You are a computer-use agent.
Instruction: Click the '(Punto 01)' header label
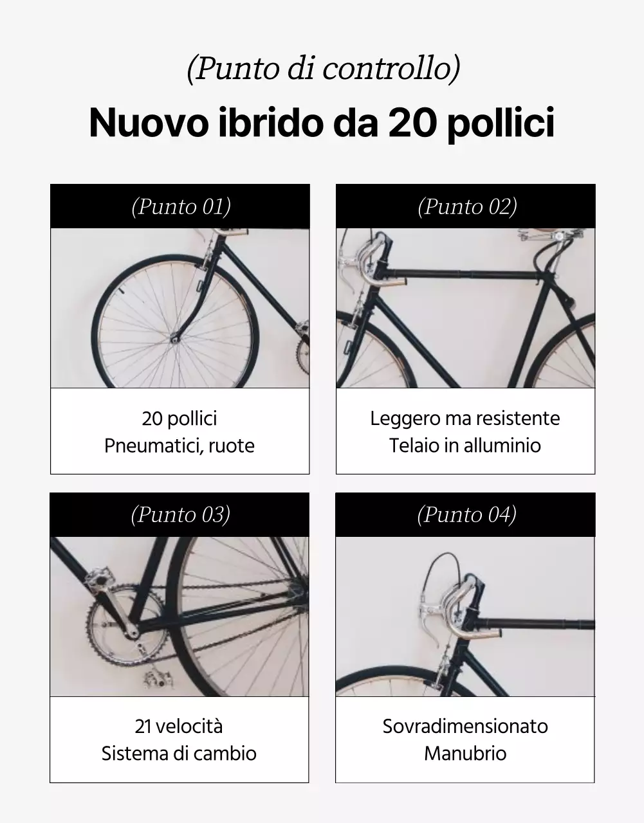click(181, 206)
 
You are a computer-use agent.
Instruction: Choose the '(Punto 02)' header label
click(467, 206)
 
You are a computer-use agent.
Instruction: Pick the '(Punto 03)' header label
click(180, 514)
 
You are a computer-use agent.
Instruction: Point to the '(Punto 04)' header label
click(466, 514)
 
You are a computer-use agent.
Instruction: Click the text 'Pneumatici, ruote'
click(179, 446)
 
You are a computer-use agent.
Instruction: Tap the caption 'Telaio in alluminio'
click(465, 446)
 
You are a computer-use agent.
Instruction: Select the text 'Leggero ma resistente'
click(465, 419)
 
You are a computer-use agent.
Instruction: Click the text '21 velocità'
click(179, 727)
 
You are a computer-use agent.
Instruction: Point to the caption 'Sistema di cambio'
click(179, 754)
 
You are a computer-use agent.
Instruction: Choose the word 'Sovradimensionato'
click(465, 727)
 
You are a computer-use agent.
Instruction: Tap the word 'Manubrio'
click(465, 754)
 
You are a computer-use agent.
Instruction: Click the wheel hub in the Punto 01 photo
click(174, 336)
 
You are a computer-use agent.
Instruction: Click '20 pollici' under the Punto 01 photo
click(179, 419)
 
